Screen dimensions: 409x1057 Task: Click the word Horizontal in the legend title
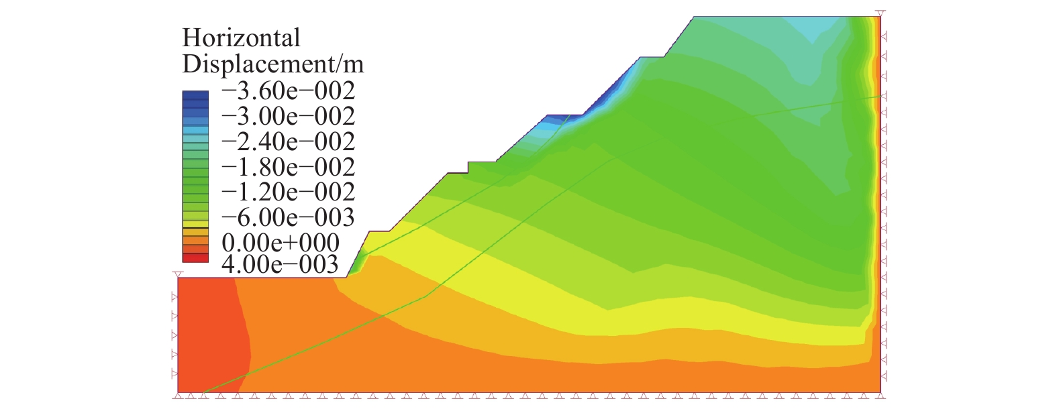point(241,38)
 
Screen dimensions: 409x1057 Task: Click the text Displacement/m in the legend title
point(272,64)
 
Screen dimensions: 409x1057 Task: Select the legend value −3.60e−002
point(288,91)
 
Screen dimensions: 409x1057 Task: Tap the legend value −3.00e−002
point(288,116)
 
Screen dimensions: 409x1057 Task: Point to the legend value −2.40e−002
point(288,141)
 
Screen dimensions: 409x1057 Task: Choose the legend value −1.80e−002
point(288,167)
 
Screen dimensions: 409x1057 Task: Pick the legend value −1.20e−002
point(288,192)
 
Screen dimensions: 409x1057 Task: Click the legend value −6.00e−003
point(288,217)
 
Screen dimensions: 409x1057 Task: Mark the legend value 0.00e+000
point(281,242)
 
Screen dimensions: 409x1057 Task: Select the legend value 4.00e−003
point(281,264)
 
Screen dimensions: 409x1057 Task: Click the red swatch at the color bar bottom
point(195,257)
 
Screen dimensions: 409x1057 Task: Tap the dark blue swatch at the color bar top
point(195,95)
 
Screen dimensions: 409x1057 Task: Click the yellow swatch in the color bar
point(195,224)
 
